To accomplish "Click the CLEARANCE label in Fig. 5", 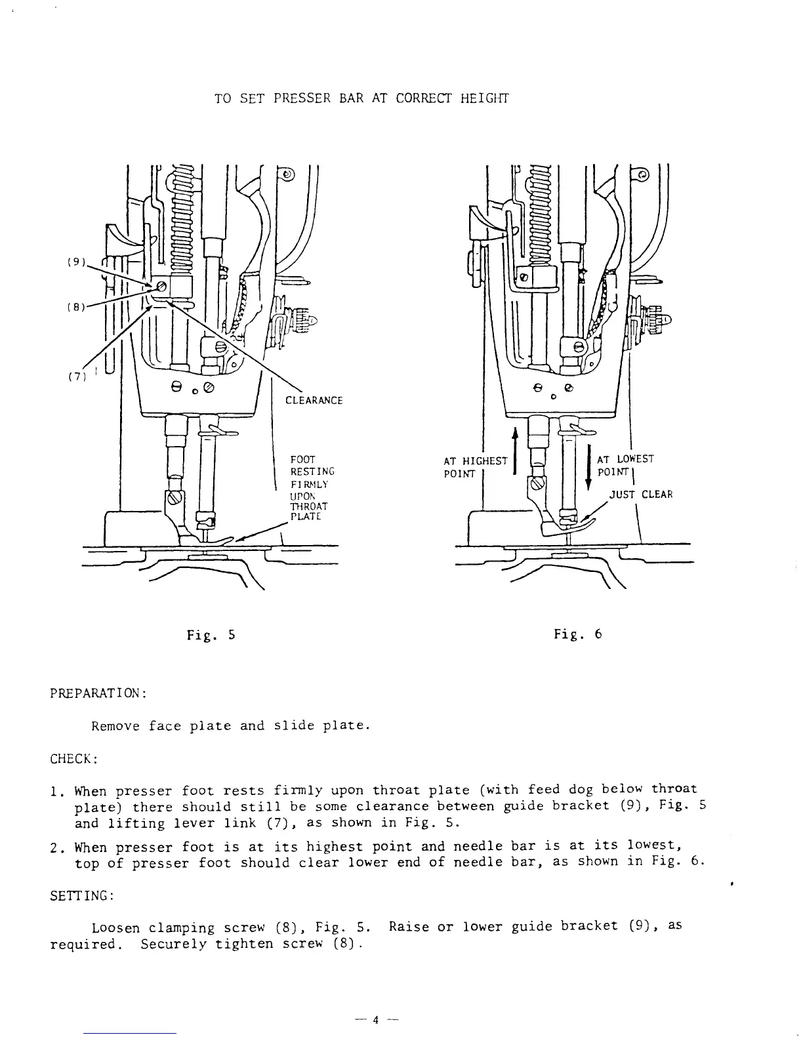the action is (x=314, y=401).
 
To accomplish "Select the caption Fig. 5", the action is (x=211, y=635).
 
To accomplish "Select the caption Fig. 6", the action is (x=578, y=634).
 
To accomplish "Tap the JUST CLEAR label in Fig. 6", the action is (x=641, y=495).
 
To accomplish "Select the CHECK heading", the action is (x=73, y=760).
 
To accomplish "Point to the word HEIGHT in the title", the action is (x=484, y=99).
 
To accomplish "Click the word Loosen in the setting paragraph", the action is (x=115, y=928).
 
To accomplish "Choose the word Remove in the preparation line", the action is (x=115, y=726).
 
